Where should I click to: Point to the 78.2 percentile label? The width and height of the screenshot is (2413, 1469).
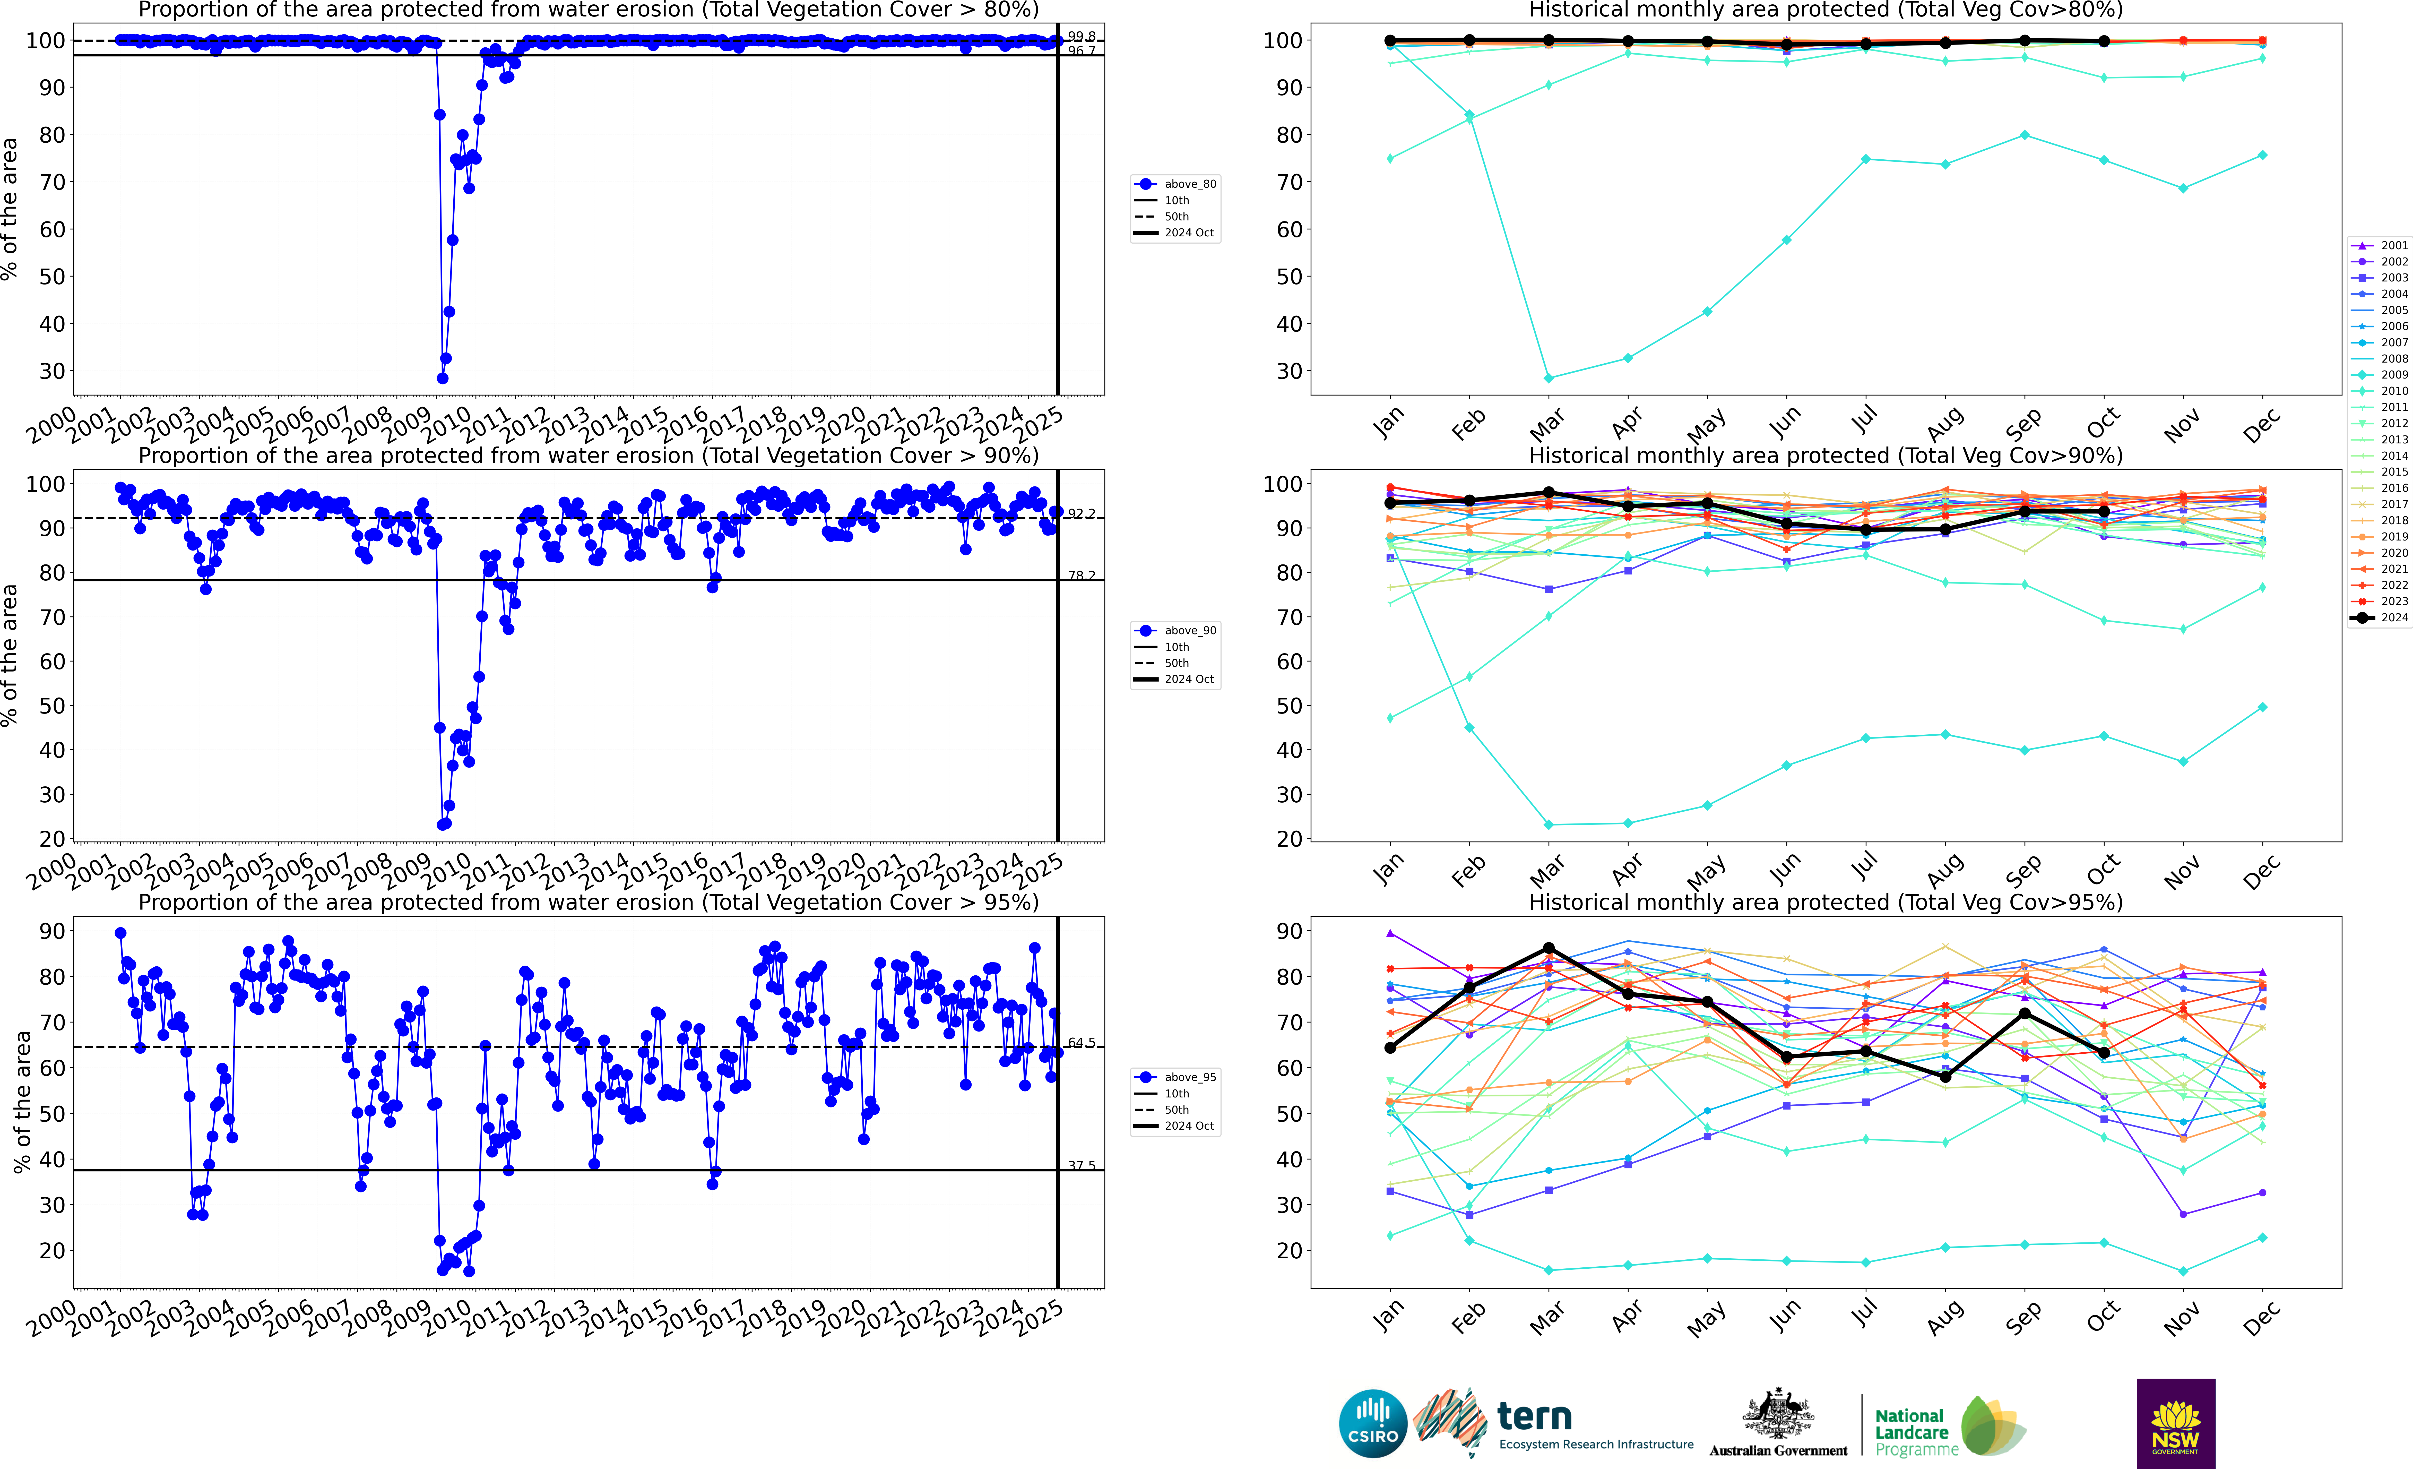point(1081,576)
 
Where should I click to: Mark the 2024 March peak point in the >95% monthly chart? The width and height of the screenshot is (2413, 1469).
point(1548,948)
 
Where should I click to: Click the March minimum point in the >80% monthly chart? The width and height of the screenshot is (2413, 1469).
point(1548,378)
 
